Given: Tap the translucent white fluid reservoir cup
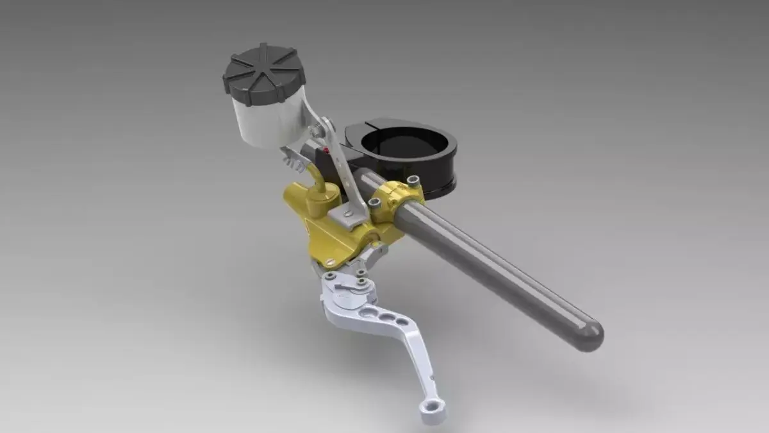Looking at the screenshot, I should (266, 119).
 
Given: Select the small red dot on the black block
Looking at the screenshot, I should (327, 151).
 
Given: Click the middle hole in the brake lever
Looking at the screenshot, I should (387, 317).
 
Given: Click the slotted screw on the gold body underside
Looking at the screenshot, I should (329, 262).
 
